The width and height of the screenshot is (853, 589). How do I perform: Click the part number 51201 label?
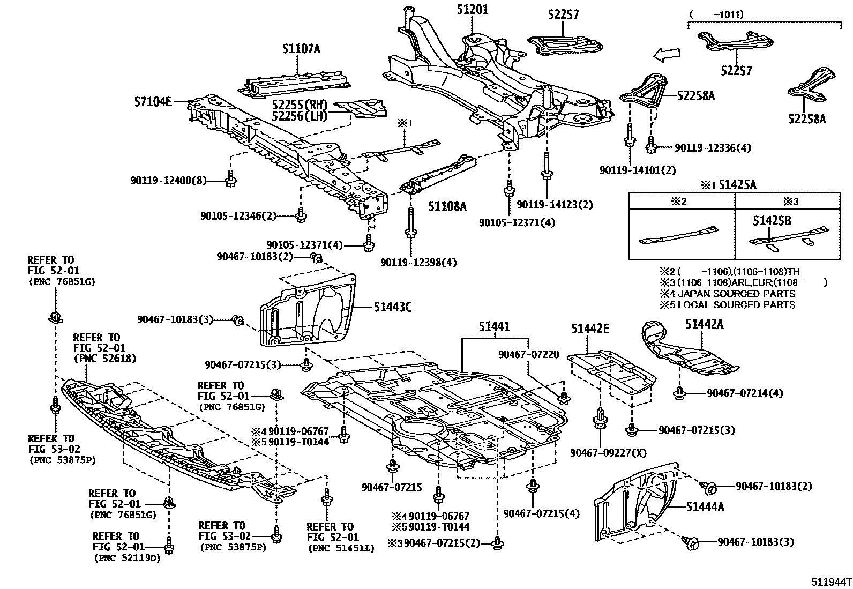point(473,9)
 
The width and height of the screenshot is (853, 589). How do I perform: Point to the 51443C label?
point(393,308)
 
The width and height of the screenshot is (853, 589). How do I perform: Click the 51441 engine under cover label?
point(494,326)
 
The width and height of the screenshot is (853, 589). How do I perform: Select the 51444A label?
point(705,506)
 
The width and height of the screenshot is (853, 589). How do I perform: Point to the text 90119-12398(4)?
point(419,263)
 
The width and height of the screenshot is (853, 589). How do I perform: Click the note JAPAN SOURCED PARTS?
point(736,294)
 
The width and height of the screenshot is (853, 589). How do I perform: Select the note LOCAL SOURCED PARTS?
point(736,305)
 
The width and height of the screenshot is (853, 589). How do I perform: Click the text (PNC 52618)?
point(105,359)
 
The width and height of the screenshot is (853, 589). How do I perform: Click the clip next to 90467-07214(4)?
point(679,393)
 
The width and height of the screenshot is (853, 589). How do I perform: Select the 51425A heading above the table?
point(737,185)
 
